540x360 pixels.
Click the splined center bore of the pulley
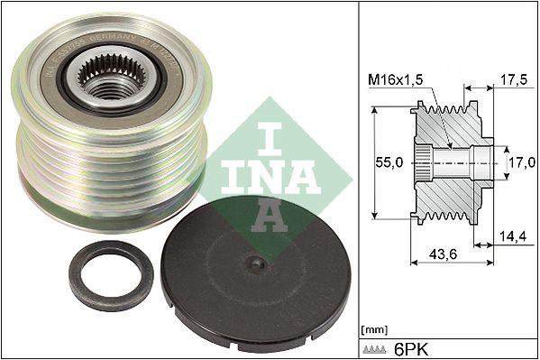(x=110, y=80)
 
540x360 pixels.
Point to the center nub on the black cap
(x=258, y=263)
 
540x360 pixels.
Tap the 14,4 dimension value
(x=512, y=237)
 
